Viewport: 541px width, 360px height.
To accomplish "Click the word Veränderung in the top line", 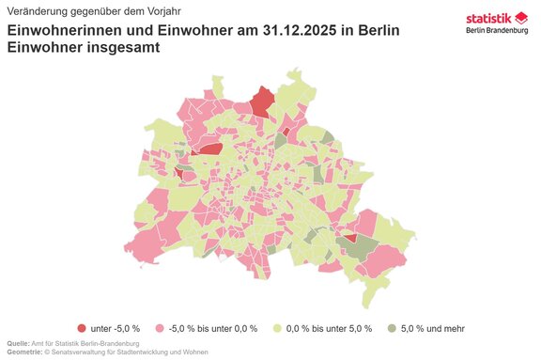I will coord(36,10).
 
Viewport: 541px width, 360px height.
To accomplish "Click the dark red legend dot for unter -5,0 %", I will coord(82,328).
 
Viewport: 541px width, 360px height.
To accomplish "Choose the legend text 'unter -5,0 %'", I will coord(115,328).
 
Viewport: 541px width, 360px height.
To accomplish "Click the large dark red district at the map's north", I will coord(263,102).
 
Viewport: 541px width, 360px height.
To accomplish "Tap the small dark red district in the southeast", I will coord(349,239).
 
